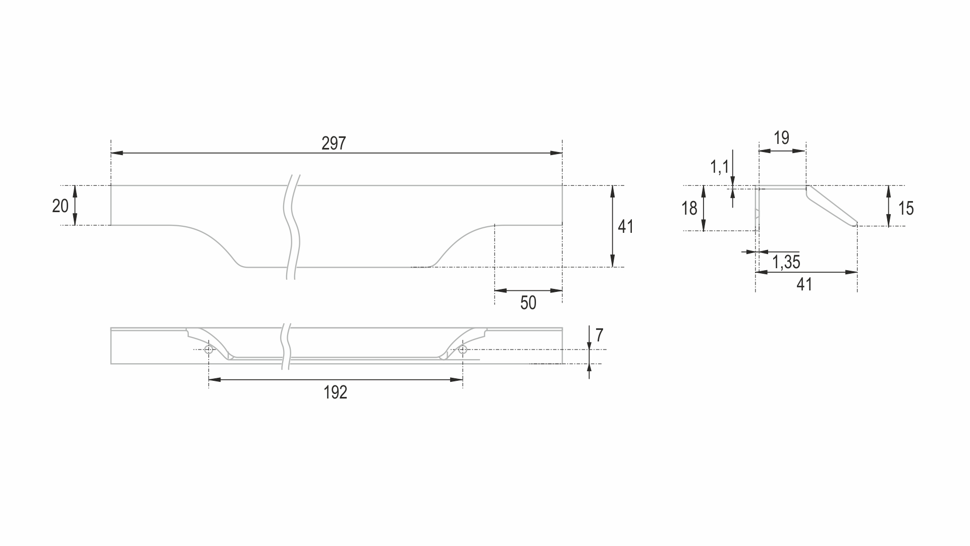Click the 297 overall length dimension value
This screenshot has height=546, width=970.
coord(334,143)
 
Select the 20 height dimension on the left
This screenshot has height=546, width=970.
coord(61,206)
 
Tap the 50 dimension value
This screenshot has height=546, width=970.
coord(528,303)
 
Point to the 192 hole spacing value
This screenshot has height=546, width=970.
coord(336,392)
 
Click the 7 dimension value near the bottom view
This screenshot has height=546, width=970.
coord(599,335)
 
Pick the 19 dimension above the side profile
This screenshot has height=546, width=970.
coord(781,138)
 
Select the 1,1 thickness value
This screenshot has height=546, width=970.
coord(719,166)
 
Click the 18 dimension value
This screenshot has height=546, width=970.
coord(689,208)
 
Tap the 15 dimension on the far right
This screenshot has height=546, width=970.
coord(906,208)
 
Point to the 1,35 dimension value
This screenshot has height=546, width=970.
coord(786,262)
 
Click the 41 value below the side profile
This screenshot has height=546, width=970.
coord(804,284)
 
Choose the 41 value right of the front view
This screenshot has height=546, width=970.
coord(625,227)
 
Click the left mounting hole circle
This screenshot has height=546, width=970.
coord(209,350)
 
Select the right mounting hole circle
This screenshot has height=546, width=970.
coord(462,350)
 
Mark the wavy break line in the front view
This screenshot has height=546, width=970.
coord(292,227)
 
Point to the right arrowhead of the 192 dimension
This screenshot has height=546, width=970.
coord(457,379)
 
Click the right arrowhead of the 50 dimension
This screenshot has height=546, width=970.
coord(556,290)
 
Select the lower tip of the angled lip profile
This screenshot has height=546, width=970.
coord(856,225)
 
